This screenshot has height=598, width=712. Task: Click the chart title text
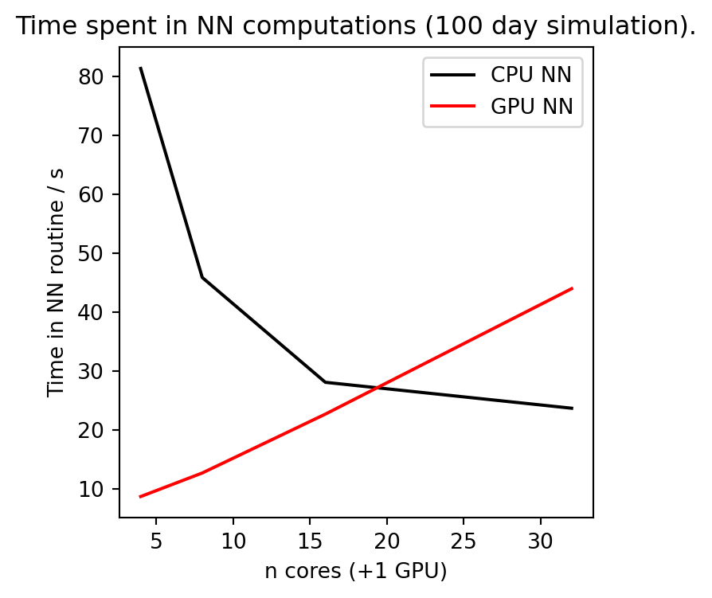[x=356, y=26]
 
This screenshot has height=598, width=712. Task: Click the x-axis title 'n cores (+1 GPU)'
[x=355, y=570]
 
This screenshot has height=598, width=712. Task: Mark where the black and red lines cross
[x=378, y=388]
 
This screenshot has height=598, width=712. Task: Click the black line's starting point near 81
[x=141, y=68]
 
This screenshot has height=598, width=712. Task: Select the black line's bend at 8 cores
[x=202, y=277]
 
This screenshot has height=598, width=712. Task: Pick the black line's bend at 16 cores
[x=325, y=382]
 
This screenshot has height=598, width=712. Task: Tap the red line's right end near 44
[x=572, y=288]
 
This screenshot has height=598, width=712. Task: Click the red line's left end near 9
[x=141, y=497]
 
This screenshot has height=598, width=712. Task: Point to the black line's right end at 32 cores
[x=572, y=408]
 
